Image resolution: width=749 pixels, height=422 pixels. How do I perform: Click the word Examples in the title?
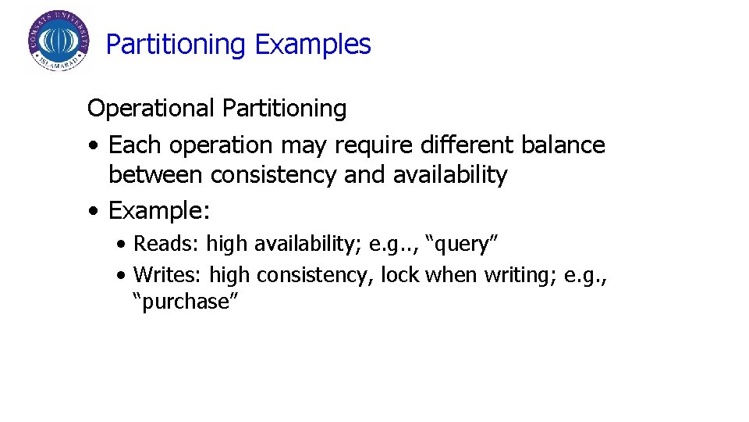tap(313, 45)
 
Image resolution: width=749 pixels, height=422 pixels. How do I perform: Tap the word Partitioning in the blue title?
tap(176, 45)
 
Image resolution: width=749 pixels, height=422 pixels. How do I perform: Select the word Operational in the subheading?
tap(151, 108)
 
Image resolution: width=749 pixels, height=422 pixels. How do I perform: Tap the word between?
tap(157, 174)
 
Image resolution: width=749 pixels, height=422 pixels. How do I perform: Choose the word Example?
tap(160, 210)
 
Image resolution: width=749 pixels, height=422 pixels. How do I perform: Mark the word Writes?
tap(169, 275)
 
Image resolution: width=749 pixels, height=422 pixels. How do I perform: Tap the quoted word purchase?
tap(184, 302)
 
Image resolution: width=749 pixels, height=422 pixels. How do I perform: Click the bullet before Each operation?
tap(94, 145)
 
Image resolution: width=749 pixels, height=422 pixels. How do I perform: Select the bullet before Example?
tap(94, 210)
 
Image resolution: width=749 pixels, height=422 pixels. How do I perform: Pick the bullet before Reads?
tap(121, 244)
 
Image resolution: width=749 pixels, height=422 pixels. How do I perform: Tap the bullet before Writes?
tap(121, 275)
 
